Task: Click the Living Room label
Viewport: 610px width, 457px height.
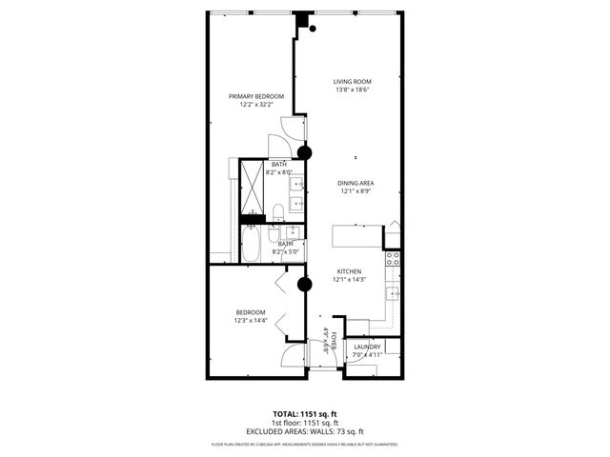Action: [x=352, y=82]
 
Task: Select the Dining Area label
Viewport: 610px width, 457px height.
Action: [x=355, y=183]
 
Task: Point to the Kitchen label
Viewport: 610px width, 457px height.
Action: [x=347, y=271]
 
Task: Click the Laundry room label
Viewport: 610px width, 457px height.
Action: [x=367, y=347]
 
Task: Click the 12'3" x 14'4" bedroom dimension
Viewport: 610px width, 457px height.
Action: [x=252, y=321]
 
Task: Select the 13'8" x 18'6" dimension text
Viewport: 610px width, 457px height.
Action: [x=352, y=90]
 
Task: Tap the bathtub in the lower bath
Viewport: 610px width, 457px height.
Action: [x=252, y=245]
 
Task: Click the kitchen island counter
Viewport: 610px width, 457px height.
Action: [x=356, y=236]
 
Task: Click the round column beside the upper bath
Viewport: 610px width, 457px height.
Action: [x=305, y=152]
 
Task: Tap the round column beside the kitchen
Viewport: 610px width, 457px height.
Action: [x=305, y=283]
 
